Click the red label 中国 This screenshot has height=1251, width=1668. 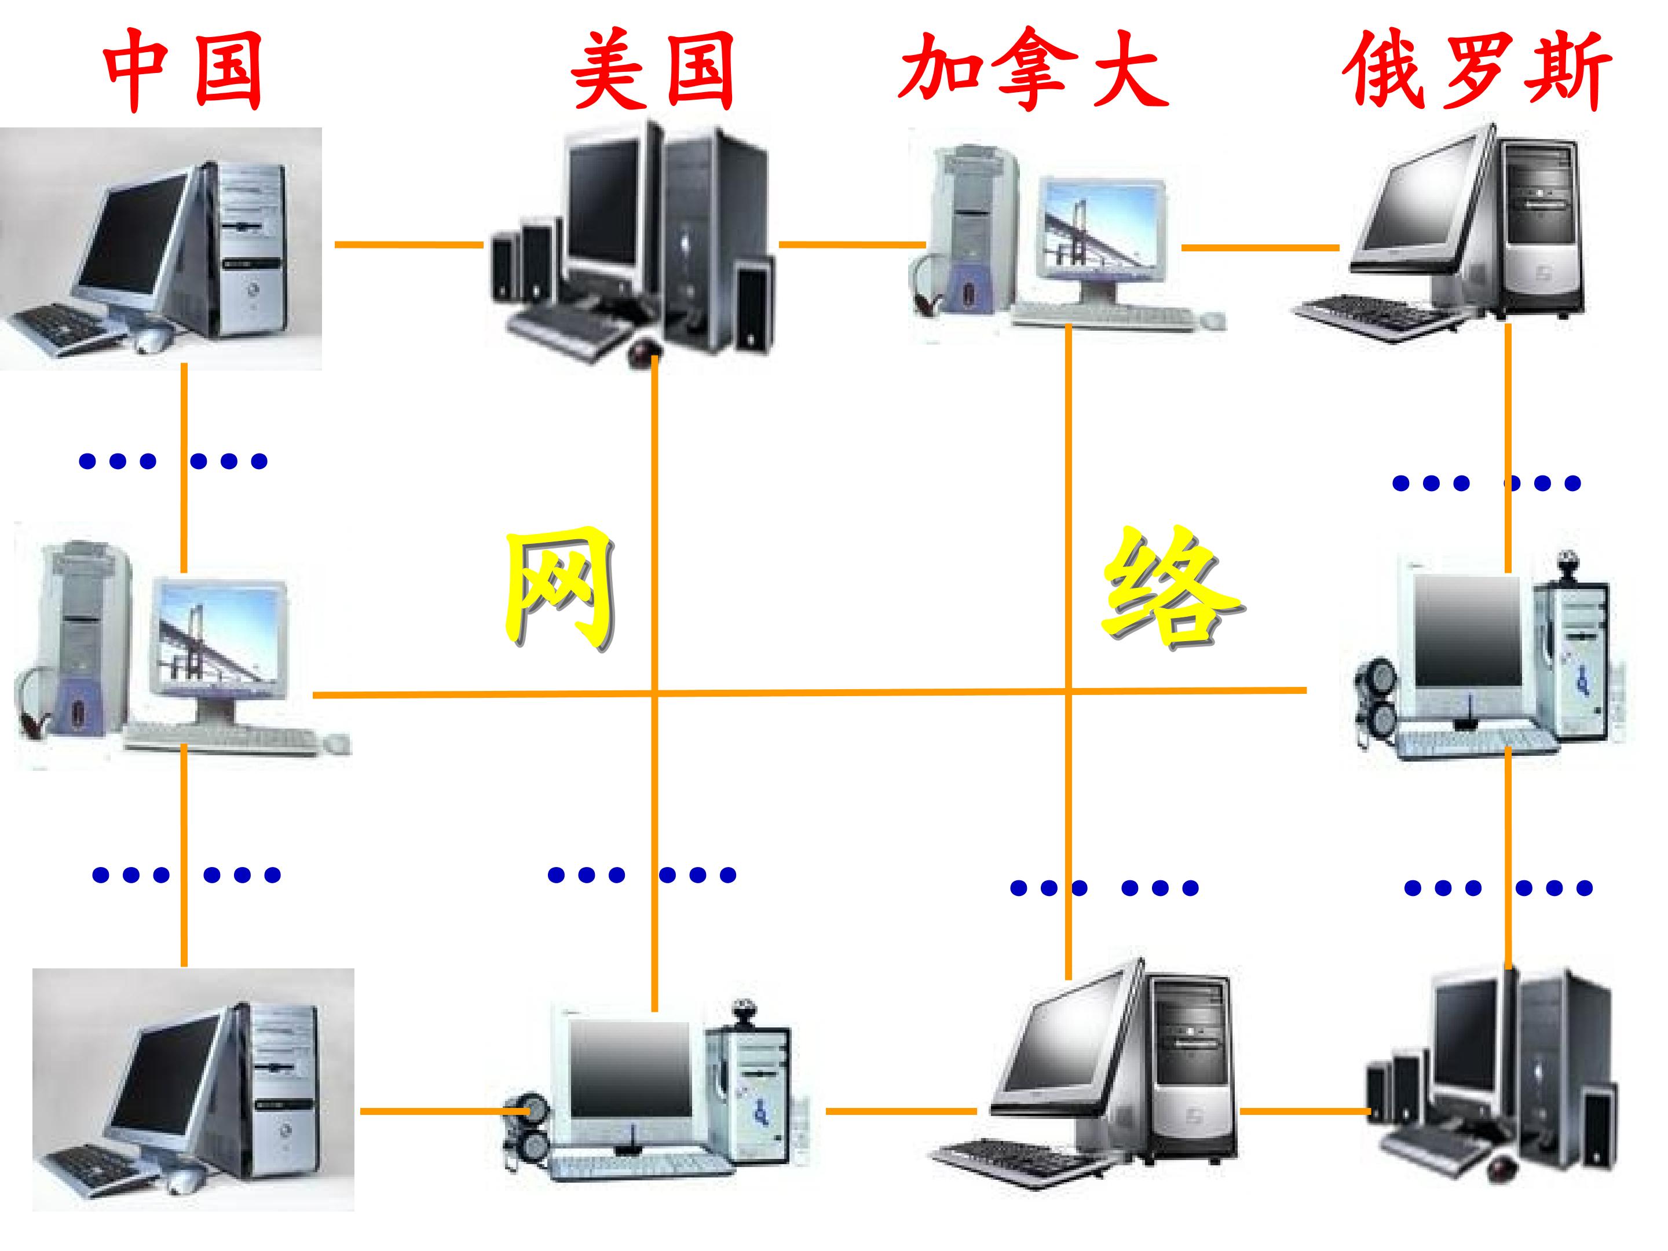[183, 70]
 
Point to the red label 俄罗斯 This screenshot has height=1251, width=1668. [1478, 70]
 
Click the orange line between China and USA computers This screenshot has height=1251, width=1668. [409, 244]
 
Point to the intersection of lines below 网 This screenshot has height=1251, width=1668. [654, 692]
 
